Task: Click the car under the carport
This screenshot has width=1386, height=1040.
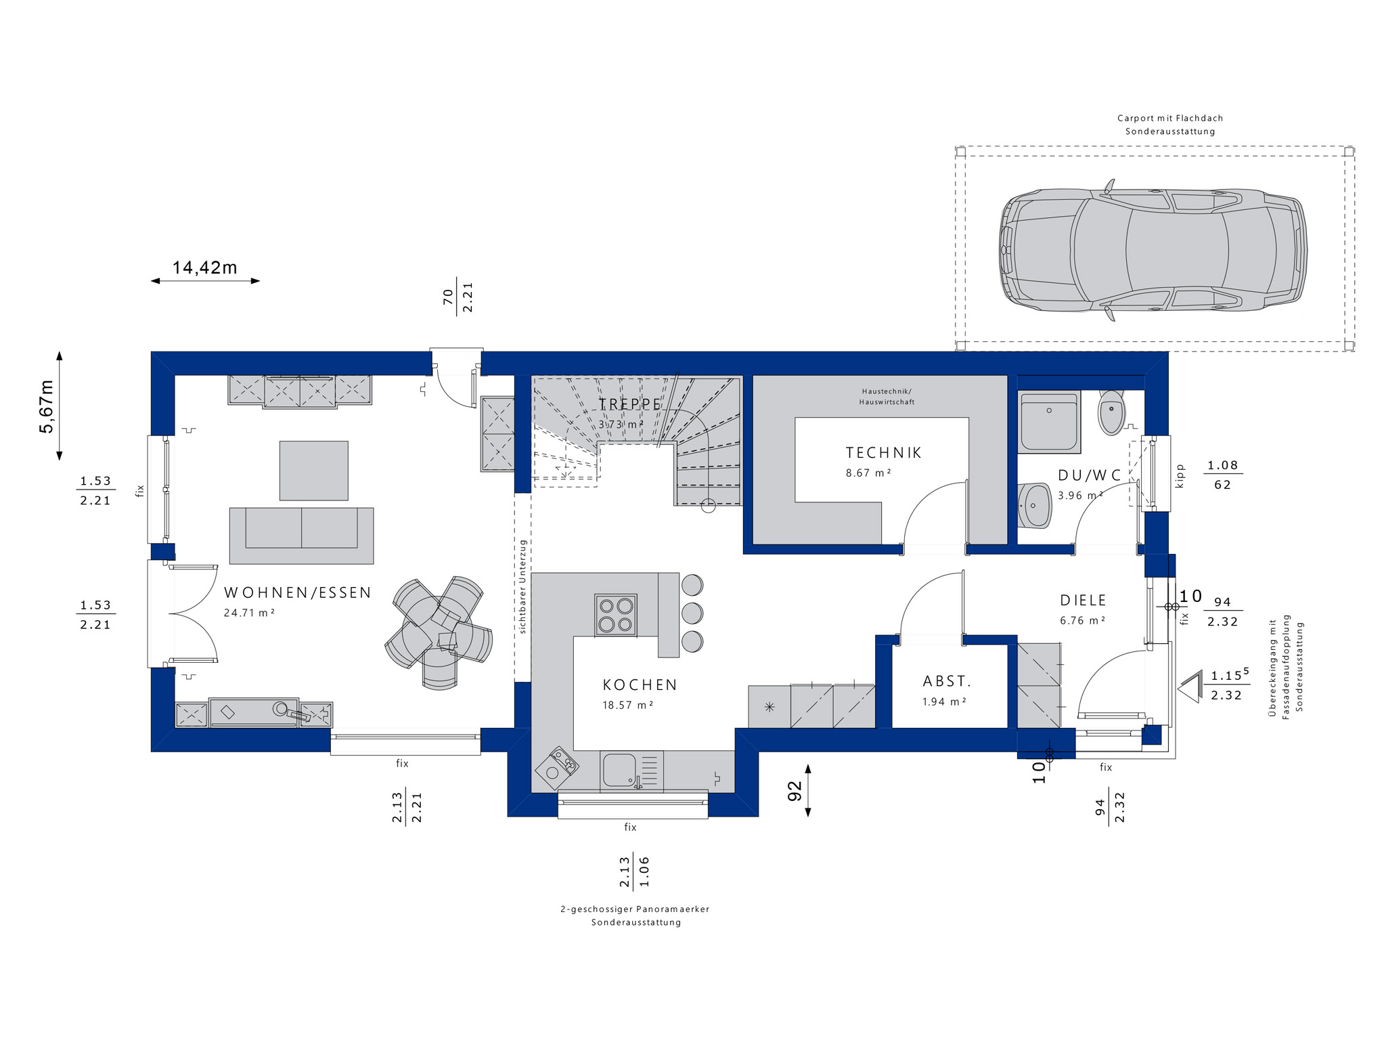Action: [1153, 250]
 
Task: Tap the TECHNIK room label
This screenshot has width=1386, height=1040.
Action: [884, 453]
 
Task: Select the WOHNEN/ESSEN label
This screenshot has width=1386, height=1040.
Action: [298, 593]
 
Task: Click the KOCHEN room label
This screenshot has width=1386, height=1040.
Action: [640, 685]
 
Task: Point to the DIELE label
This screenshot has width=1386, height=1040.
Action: [1083, 601]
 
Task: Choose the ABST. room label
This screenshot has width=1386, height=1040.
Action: [947, 681]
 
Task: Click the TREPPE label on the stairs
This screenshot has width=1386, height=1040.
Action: [630, 404]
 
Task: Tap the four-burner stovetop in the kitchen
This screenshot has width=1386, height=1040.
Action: [615, 615]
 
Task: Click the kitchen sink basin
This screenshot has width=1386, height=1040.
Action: [617, 771]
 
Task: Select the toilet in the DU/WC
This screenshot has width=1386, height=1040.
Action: [1111, 412]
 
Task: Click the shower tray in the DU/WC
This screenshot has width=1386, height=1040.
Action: [1049, 422]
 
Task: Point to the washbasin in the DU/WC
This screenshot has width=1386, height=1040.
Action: [1035, 504]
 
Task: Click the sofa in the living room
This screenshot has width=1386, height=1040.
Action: [301, 536]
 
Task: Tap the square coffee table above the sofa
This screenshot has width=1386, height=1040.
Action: [314, 471]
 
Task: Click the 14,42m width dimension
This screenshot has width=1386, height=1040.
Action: [205, 268]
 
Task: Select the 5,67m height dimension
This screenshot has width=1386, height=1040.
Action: [47, 406]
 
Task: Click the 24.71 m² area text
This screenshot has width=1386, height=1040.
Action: [249, 613]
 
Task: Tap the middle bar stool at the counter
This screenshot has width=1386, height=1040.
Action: [692, 613]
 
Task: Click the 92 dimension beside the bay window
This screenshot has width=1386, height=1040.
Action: [795, 791]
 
